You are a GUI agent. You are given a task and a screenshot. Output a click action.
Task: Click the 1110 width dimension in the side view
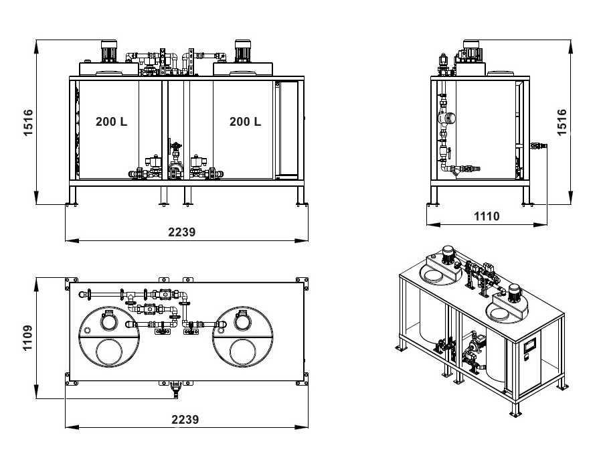point(487,216)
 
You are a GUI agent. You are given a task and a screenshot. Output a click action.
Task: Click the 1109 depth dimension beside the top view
point(28,338)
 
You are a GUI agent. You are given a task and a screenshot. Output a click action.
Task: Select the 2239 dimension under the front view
point(182,232)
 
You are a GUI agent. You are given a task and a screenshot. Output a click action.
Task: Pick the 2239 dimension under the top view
point(185,420)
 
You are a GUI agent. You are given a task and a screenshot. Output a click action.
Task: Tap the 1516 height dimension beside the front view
point(28,123)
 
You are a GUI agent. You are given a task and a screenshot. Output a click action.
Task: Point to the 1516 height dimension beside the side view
point(562,123)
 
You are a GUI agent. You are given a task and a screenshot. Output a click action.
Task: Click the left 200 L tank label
point(111,121)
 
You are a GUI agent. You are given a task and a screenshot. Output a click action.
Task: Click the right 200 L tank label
point(245,121)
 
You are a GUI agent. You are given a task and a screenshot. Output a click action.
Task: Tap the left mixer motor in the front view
point(108,51)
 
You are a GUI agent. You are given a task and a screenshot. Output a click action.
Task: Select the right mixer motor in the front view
point(242,51)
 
